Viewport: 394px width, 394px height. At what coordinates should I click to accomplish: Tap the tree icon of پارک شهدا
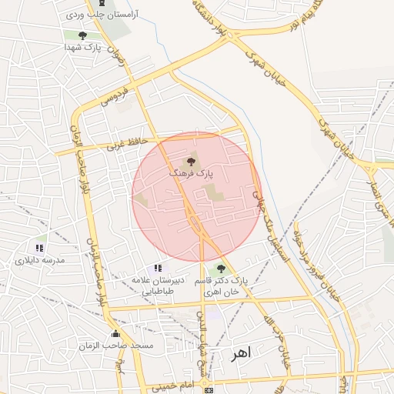coord(82,35)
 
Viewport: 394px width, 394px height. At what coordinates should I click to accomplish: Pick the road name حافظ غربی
coord(125,143)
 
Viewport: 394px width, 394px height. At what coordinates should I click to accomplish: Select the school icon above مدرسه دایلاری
coord(40,249)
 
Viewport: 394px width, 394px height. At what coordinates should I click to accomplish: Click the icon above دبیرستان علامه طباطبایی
coord(158,268)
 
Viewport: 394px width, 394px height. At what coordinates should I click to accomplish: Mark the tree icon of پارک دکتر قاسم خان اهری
coord(222,269)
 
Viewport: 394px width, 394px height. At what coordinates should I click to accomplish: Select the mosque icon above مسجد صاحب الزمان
coord(115,333)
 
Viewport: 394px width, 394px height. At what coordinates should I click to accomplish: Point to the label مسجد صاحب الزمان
coord(116,346)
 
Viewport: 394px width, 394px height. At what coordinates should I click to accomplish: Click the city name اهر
coord(241,352)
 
